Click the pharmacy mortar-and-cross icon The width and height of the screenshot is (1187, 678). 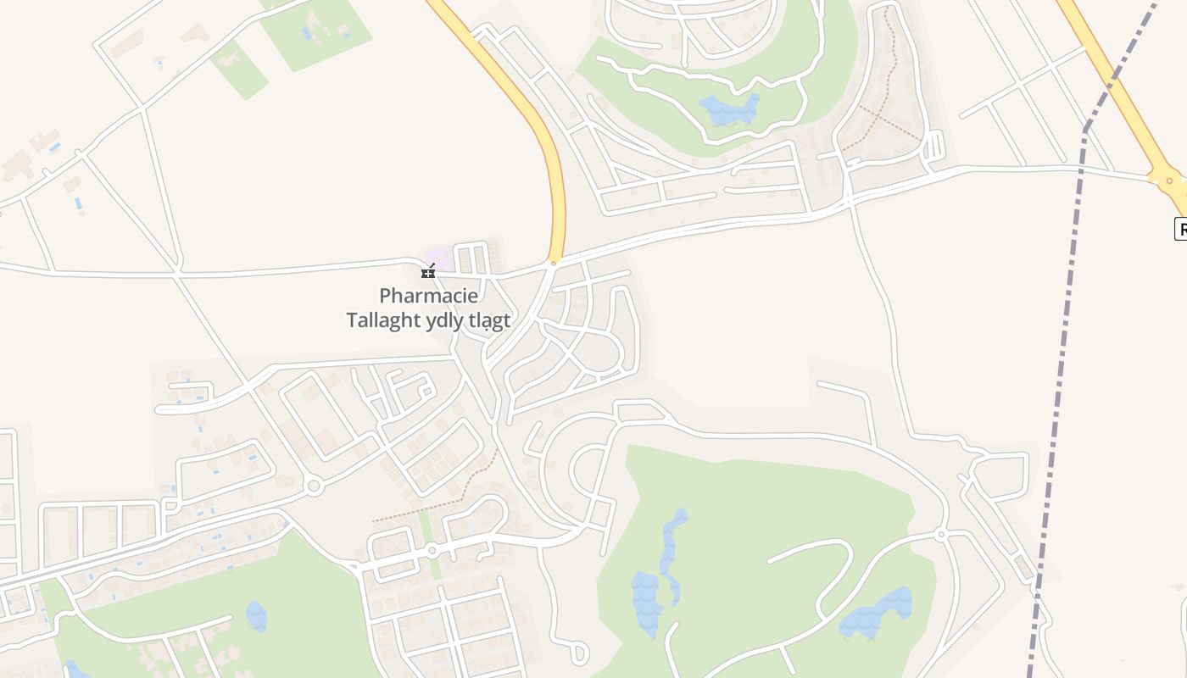429,271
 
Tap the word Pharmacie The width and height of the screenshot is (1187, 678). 428,296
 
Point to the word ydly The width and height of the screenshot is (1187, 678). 450,320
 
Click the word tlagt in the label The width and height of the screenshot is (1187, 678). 493,320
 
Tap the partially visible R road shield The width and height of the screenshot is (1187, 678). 1180,228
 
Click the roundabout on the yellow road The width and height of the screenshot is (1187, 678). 1170,179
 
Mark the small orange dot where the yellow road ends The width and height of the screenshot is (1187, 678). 554,263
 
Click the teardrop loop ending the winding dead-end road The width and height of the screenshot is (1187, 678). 579,653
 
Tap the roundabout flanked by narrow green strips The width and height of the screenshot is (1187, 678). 432,551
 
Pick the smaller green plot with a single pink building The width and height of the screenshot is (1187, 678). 238,69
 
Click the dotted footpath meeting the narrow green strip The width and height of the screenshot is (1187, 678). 449,500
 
